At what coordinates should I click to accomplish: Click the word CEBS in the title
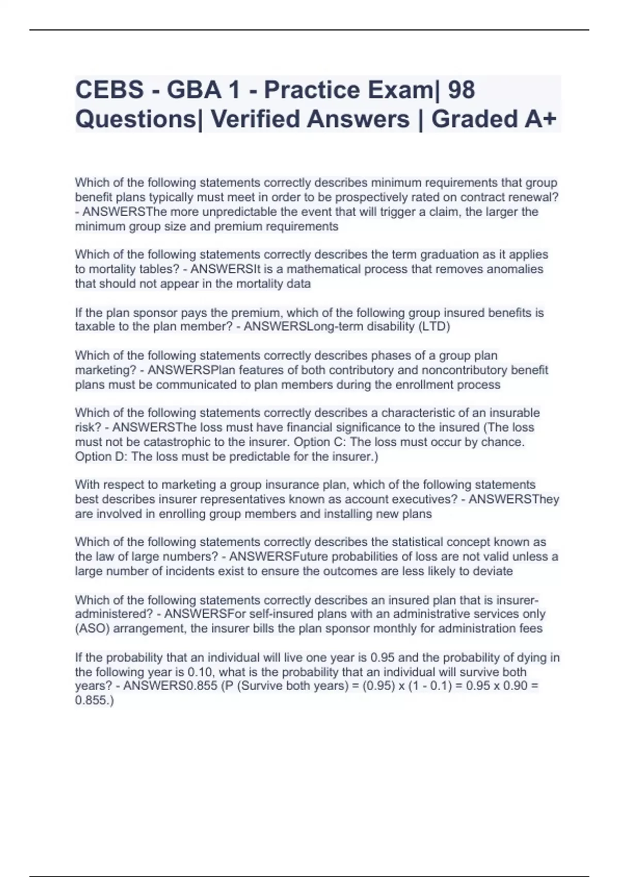point(109,90)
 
